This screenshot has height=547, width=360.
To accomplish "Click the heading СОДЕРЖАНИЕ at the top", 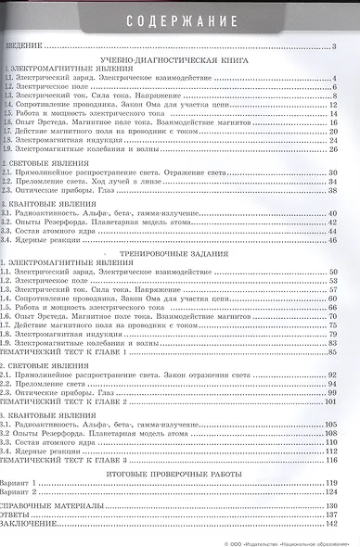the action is tap(180, 19).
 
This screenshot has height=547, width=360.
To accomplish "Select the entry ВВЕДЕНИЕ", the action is tap(26, 45).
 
